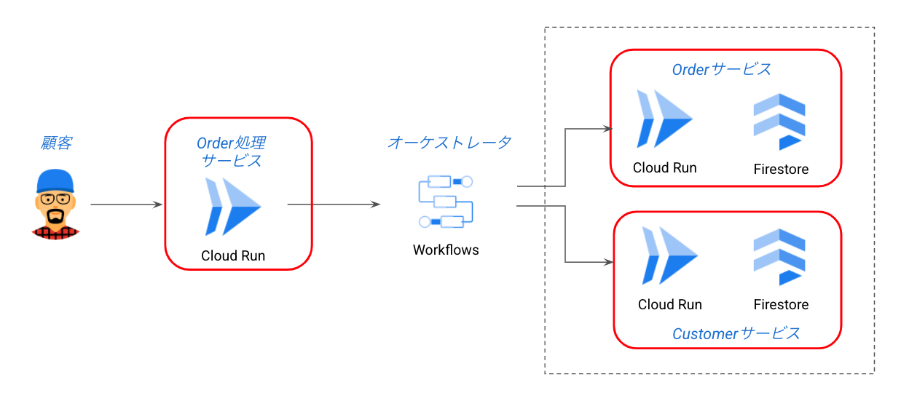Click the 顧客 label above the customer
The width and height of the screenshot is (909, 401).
56,143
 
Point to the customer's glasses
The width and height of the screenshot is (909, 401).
55,199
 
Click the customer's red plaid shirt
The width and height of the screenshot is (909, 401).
56,232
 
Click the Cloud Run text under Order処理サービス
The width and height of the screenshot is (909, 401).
233,255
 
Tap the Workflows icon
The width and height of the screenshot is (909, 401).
446,202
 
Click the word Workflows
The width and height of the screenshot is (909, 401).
446,250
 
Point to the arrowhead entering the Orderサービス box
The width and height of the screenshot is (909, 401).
607,130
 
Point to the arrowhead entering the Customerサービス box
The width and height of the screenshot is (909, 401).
607,262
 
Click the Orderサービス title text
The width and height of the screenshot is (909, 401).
721,69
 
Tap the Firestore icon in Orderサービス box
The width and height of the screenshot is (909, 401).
779,122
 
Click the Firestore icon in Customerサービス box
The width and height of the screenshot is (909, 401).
779,257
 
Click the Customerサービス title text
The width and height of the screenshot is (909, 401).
736,333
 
